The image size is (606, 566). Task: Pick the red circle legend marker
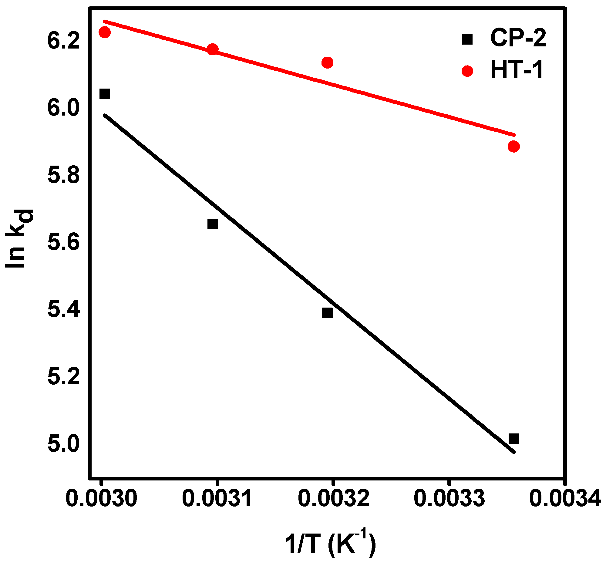(x=467, y=71)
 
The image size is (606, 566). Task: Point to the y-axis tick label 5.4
(x=63, y=309)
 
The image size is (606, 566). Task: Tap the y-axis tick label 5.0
(x=63, y=444)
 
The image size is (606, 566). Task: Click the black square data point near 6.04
(x=105, y=94)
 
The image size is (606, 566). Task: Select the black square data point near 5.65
(x=213, y=224)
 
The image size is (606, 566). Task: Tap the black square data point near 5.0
(x=513, y=439)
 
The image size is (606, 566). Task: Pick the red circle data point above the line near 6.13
(x=327, y=63)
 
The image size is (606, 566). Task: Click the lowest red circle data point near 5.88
(x=513, y=147)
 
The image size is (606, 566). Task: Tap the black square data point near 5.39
(x=327, y=313)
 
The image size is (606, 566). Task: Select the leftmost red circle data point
(x=105, y=32)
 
